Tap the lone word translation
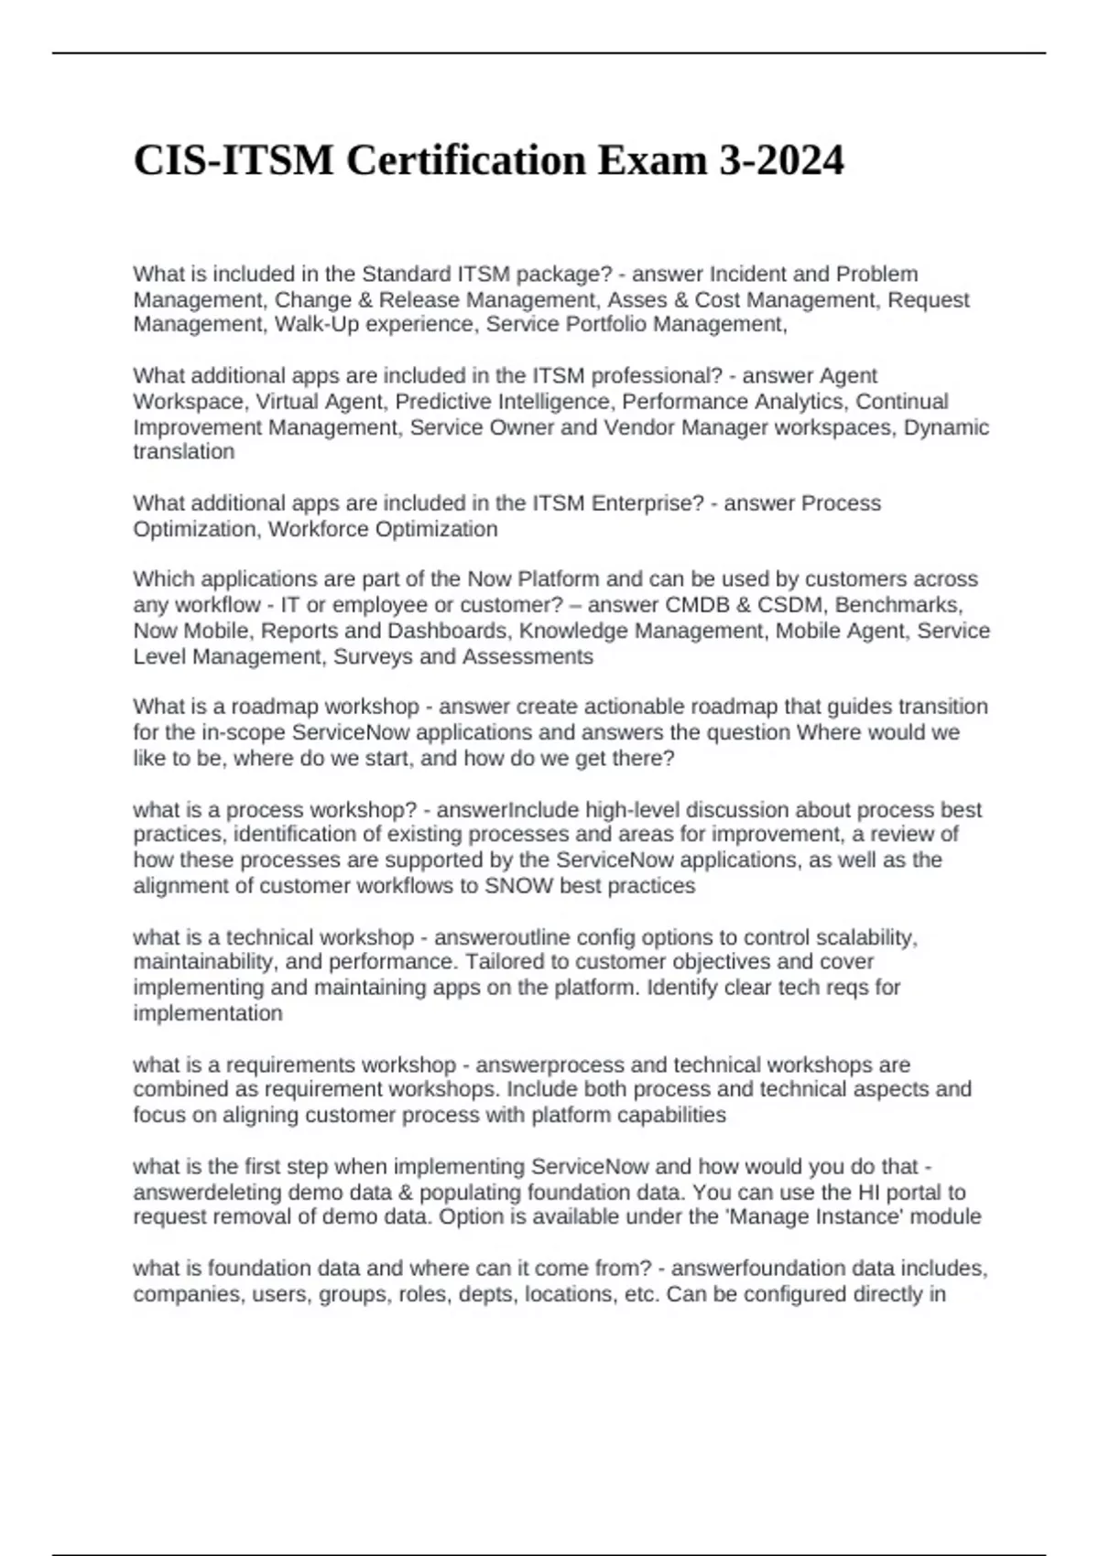point(183,451)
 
